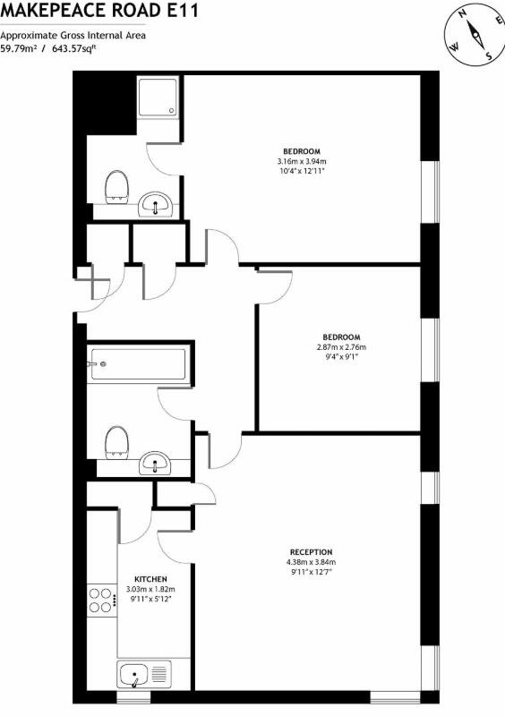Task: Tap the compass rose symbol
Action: pyautogui.click(x=471, y=35)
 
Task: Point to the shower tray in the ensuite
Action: pyautogui.click(x=160, y=105)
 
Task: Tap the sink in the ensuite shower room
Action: pyautogui.click(x=158, y=206)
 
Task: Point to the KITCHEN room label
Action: pyautogui.click(x=150, y=579)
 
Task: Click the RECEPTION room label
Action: pyautogui.click(x=311, y=551)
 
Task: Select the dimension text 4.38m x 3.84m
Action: pyautogui.click(x=311, y=562)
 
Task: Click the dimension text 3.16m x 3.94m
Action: pyautogui.click(x=302, y=161)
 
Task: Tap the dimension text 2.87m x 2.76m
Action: pyautogui.click(x=341, y=346)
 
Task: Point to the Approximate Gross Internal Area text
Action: pyautogui.click(x=73, y=35)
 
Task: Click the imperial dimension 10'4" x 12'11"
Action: pyautogui.click(x=302, y=171)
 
